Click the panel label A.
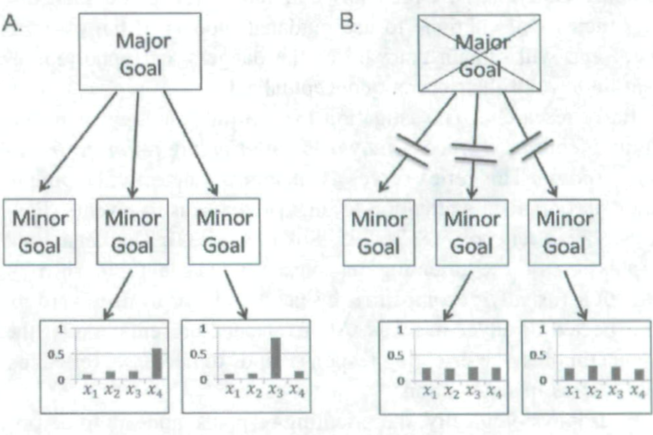[13, 20]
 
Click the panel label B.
[349, 19]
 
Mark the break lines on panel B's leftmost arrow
[414, 153]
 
